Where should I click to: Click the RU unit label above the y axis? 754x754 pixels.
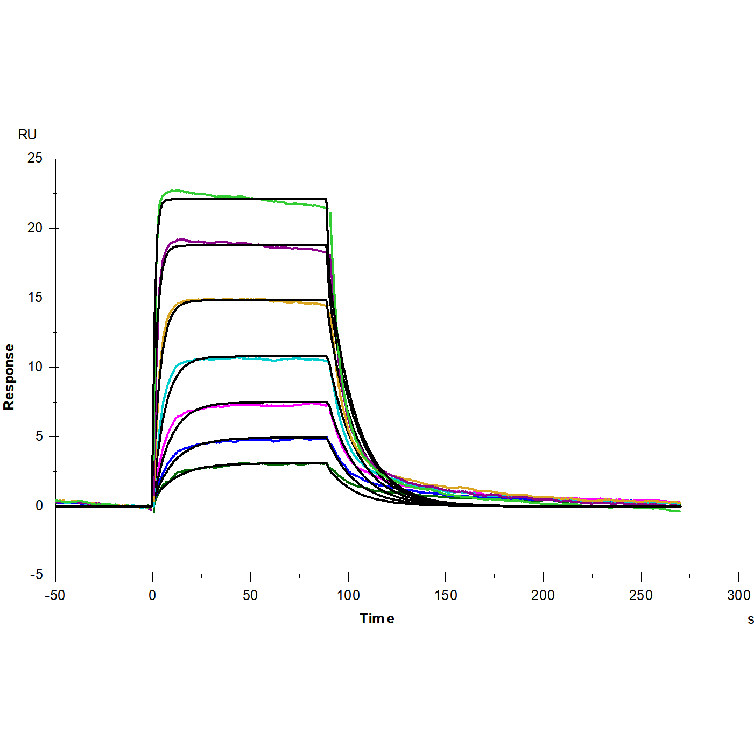click(x=27, y=135)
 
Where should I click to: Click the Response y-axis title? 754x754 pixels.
click(x=9, y=377)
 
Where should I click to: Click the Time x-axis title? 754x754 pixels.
click(x=377, y=618)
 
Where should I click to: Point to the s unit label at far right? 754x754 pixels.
click(x=750, y=619)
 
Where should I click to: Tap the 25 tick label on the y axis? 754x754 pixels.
click(x=35, y=158)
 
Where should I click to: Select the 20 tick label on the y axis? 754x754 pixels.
click(x=35, y=228)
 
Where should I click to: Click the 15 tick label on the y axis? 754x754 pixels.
click(x=35, y=298)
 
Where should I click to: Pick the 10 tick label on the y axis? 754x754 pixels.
click(x=35, y=367)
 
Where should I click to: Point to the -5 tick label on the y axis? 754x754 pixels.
click(x=36, y=575)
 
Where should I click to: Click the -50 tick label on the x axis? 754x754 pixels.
click(x=54, y=595)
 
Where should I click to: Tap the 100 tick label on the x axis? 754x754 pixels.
click(x=348, y=595)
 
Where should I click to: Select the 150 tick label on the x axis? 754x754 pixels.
click(x=446, y=595)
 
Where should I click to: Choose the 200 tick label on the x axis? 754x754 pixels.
click(x=543, y=595)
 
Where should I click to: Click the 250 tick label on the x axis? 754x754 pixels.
click(x=640, y=595)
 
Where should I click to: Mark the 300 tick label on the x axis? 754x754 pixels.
click(x=738, y=595)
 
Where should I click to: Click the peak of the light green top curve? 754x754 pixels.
click(x=173, y=190)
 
